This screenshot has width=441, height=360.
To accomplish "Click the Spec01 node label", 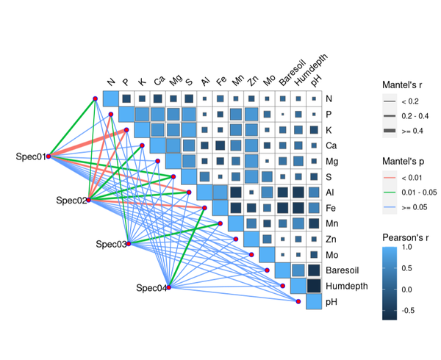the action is (x=31, y=156).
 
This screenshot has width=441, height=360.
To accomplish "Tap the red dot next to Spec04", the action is (x=169, y=287).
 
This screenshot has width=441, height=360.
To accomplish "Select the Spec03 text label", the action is (x=111, y=244).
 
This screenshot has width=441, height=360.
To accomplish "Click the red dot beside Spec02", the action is (x=89, y=200).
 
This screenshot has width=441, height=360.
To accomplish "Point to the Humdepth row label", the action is (x=347, y=286).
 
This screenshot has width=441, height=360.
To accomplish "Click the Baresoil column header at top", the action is (x=292, y=73).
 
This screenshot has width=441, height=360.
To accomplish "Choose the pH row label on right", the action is (x=331, y=302).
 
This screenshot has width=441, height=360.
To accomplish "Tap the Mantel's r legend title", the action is (x=402, y=85).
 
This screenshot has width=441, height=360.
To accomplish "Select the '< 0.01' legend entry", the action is (x=412, y=178).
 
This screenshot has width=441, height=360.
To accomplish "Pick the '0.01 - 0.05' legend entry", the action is (x=419, y=192).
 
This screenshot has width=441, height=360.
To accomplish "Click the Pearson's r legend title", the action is (x=405, y=238).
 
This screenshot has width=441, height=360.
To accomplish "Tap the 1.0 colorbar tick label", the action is (x=407, y=247).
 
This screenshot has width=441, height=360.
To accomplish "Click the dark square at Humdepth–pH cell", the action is (x=314, y=286).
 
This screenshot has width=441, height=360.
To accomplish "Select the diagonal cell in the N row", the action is (x=111, y=98).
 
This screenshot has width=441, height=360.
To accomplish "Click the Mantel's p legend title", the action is (x=404, y=162).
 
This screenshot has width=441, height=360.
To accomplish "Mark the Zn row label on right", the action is (x=331, y=240).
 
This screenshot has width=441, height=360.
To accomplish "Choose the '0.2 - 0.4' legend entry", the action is (x=415, y=116).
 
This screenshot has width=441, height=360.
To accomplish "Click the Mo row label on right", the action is (x=332, y=255).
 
